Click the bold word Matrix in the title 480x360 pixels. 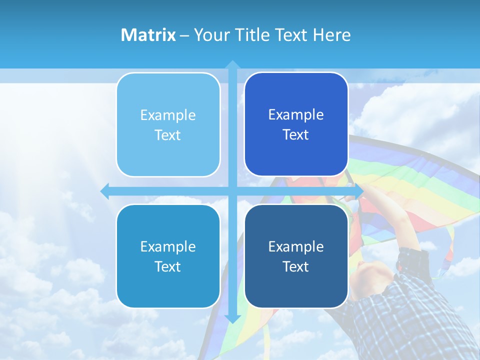coord(148,35)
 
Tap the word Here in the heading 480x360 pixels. coord(331,35)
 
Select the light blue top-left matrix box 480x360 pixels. coord(168,124)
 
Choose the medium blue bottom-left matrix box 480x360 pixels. coord(168,256)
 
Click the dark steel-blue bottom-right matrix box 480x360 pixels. coord(296,256)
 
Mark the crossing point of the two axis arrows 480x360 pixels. coord(232,191)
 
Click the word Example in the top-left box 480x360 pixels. coord(168,115)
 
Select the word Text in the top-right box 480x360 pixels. coord(296,135)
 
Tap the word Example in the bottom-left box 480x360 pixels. coord(168,247)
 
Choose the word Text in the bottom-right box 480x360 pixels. coord(296,267)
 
